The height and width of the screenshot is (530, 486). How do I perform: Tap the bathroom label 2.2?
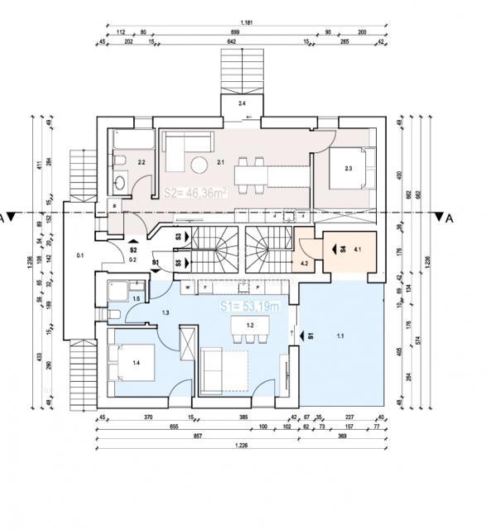(142, 162)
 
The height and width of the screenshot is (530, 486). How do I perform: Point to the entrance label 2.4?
(242, 104)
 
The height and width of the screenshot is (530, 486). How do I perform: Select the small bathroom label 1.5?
(136, 297)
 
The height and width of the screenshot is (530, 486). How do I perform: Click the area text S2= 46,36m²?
(196, 193)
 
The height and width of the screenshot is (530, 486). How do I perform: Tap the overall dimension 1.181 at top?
(247, 22)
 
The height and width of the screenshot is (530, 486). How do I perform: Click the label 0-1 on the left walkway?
(80, 256)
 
